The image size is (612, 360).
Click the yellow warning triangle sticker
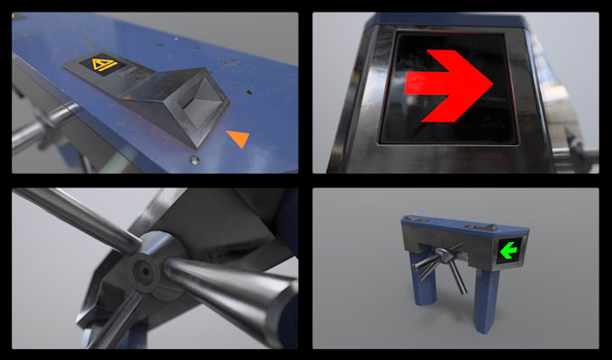106,65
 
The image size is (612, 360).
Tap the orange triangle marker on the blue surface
238,138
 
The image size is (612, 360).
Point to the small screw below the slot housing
194,160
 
